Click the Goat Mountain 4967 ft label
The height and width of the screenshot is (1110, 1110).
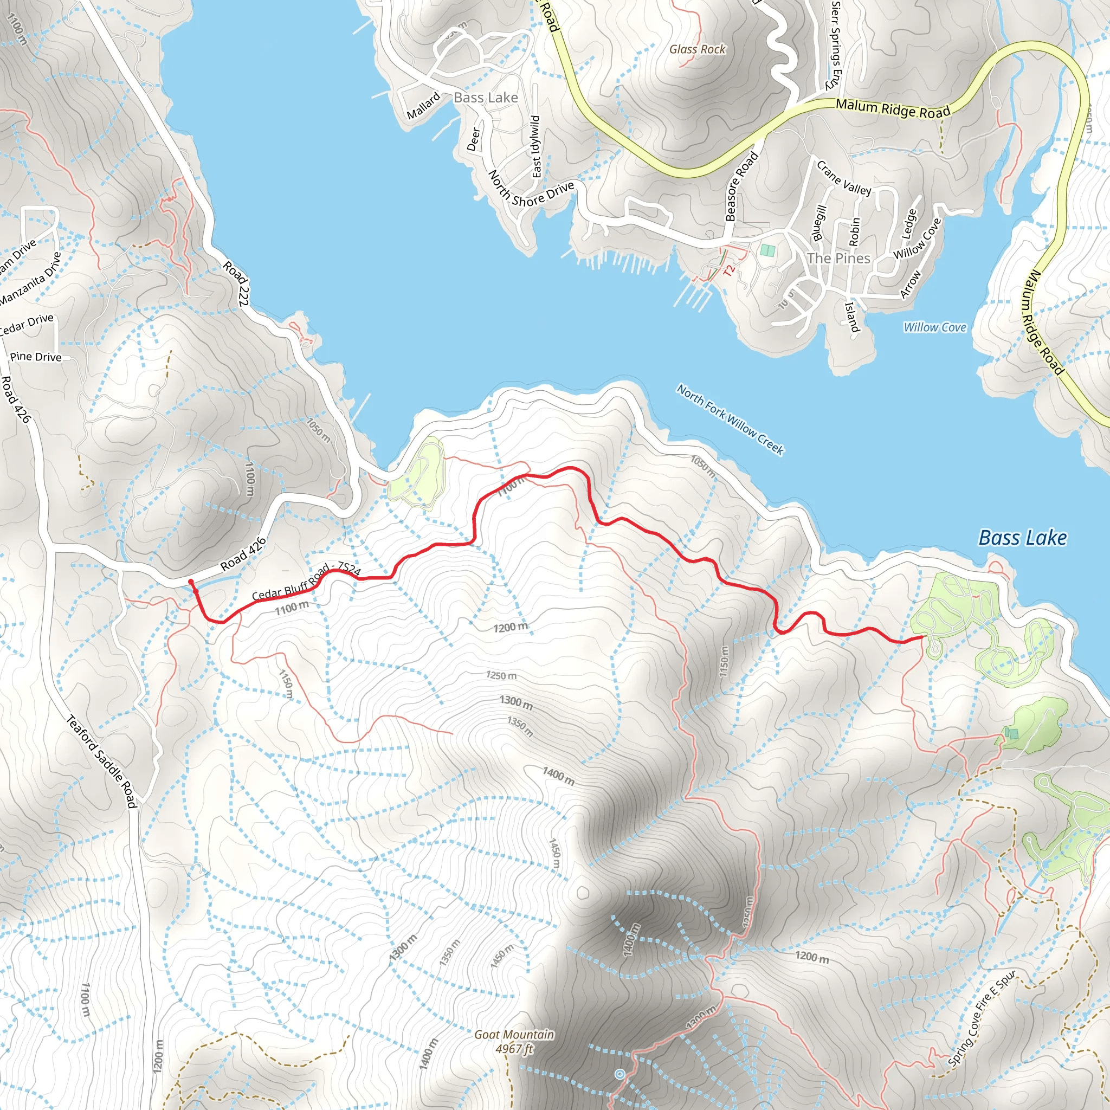point(514,1041)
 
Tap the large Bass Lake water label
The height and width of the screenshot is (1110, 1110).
point(1022,538)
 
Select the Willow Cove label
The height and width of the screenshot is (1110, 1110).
point(935,327)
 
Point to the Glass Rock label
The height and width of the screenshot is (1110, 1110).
point(697,49)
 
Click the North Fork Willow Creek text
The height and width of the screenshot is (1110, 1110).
point(730,420)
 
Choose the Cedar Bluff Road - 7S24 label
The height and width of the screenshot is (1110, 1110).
point(306,582)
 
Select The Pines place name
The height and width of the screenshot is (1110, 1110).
point(838,258)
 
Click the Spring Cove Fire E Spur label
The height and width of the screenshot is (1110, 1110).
point(982,1017)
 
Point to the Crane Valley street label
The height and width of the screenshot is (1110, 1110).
point(843,179)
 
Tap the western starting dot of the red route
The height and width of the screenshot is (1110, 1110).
point(191,583)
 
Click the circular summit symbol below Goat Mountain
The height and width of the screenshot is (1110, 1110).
point(619,1074)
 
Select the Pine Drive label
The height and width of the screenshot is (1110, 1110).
point(36,357)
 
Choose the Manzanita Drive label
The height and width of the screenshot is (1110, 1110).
point(30,279)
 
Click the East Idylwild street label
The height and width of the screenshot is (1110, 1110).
point(536,146)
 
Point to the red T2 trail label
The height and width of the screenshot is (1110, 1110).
point(729,269)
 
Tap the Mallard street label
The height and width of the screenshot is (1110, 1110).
point(423,106)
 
